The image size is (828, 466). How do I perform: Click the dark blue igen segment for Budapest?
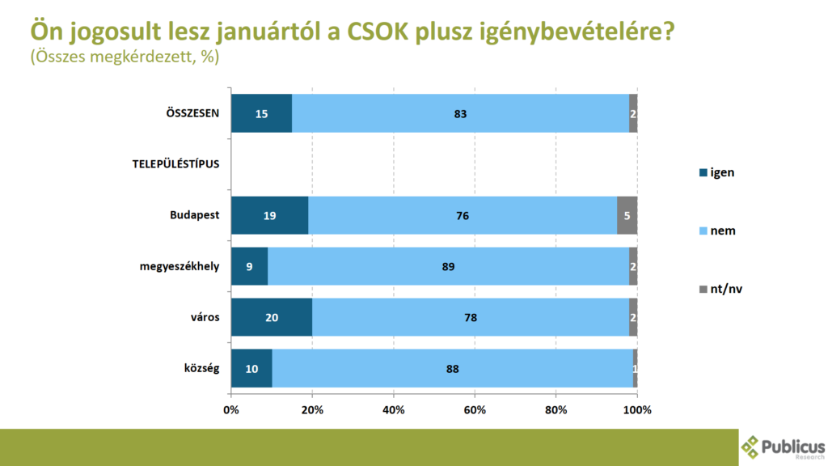tap(269, 216)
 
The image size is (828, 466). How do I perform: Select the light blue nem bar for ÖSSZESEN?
tap(460, 114)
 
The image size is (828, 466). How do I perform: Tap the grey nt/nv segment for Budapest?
tap(627, 216)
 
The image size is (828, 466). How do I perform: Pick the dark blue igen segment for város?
tap(271, 318)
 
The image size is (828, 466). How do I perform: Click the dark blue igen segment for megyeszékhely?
tap(249, 267)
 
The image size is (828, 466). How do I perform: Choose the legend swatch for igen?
tap(703, 172)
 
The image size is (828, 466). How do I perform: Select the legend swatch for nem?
tap(703, 231)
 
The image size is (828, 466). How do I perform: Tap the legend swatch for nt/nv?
tap(703, 289)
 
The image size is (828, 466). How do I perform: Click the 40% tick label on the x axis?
tap(394, 410)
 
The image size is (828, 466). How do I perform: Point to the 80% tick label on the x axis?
tap(556, 410)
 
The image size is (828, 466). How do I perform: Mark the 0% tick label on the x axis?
tap(230, 410)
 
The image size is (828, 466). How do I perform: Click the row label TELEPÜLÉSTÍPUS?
tap(176, 165)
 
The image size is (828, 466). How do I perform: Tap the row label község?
tap(201, 369)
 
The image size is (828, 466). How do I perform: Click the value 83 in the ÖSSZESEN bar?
tap(460, 114)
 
